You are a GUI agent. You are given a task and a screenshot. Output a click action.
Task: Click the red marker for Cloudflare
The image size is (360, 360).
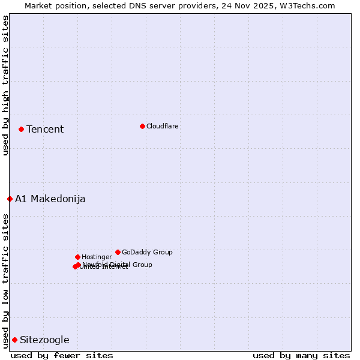(x=142, y=126)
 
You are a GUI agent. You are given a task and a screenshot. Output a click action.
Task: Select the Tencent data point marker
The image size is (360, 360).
(x=21, y=129)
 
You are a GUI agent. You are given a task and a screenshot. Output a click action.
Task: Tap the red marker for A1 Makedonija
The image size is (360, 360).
(x=10, y=199)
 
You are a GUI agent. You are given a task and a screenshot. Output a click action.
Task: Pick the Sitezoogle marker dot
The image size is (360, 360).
(x=14, y=340)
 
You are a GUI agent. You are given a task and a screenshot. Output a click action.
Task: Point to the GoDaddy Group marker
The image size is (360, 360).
(x=118, y=252)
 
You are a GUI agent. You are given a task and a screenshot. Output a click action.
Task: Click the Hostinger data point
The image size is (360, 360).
(x=77, y=257)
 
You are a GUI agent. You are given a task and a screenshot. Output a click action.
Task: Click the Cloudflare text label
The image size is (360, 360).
(x=163, y=126)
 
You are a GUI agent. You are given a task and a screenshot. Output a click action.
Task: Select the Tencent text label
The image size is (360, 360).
(x=45, y=129)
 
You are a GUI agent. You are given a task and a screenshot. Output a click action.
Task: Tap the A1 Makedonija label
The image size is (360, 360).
(x=50, y=199)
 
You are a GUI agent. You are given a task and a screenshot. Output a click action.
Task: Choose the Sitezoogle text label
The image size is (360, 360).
(x=44, y=340)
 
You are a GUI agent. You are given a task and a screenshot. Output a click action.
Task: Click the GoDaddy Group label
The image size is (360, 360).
(x=147, y=252)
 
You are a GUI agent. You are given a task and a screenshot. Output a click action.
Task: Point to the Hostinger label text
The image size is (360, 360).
(x=97, y=257)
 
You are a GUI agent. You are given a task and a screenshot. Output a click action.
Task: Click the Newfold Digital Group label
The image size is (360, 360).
(x=117, y=265)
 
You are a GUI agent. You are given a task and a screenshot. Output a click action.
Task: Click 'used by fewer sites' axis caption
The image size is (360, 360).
(x=62, y=355)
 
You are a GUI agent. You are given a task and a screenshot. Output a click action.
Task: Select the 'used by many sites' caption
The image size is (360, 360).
(x=301, y=355)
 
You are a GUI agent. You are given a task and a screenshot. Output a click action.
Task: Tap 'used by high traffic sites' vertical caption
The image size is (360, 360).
(x=5, y=85)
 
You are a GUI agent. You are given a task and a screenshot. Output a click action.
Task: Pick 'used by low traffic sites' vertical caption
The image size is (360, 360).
(x=5, y=280)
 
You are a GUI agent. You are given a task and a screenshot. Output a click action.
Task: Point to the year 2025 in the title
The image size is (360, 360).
(x=268, y=5)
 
